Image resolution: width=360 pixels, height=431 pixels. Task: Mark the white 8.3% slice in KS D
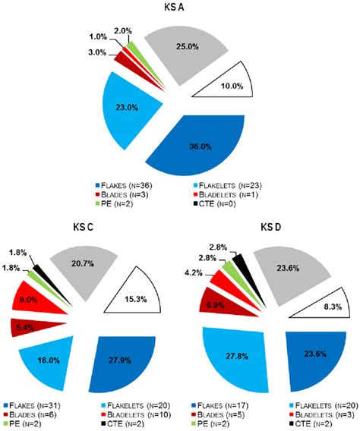(323, 308)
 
